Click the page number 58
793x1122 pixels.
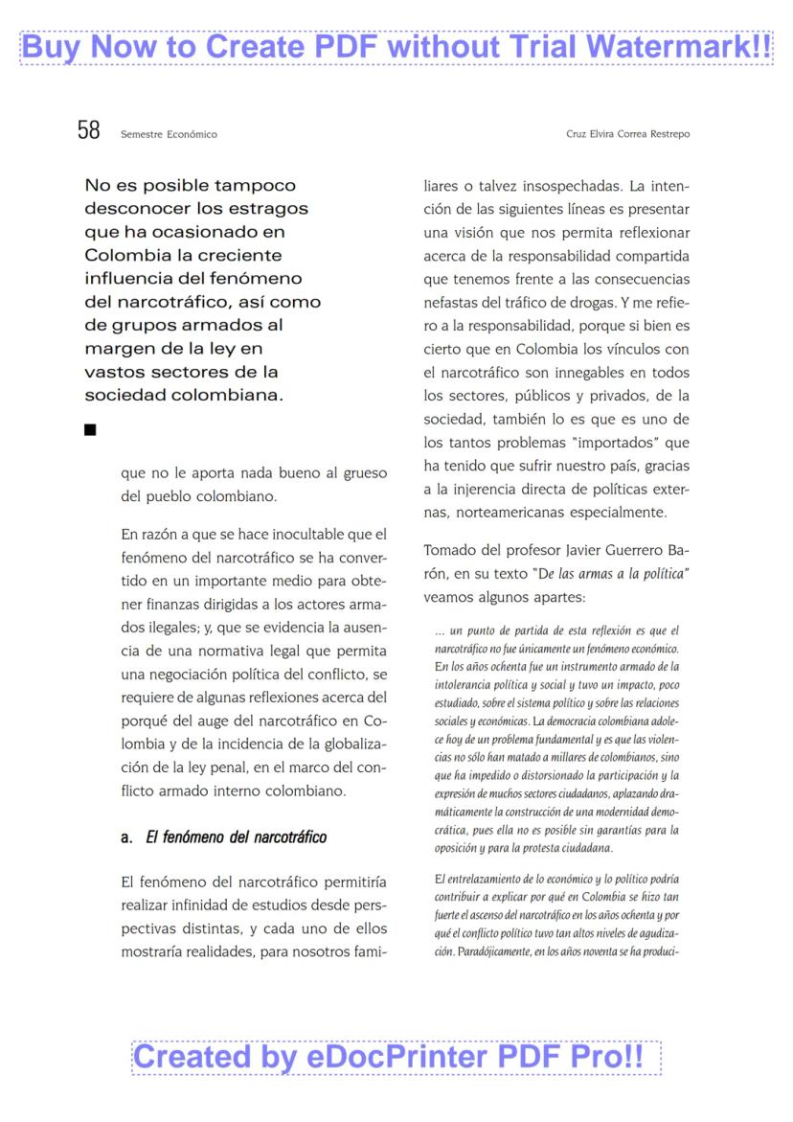click(88, 130)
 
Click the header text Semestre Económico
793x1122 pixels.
click(169, 134)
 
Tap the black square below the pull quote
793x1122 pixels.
click(91, 430)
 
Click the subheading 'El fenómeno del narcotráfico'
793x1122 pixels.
click(236, 837)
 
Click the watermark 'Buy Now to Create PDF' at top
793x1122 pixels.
click(396, 45)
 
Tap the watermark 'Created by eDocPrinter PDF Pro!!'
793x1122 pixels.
click(396, 1057)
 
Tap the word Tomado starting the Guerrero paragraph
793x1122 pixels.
click(452, 550)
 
